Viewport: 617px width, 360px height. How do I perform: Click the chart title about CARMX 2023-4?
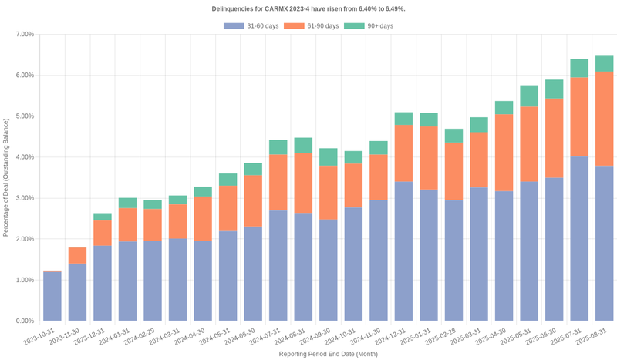[x=308, y=8]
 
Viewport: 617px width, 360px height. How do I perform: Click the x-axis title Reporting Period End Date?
[x=329, y=354]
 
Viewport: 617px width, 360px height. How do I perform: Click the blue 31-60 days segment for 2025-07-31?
[x=579, y=239]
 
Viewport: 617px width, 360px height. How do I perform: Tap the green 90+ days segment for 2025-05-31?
[x=529, y=96]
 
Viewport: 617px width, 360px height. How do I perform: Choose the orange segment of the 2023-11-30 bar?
[x=77, y=255]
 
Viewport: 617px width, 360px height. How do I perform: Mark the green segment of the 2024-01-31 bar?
[x=127, y=203]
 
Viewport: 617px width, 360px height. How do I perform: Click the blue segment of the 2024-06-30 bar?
[x=253, y=274]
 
